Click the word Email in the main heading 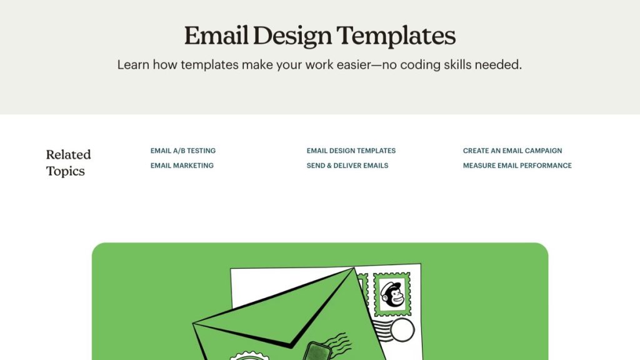pos(216,35)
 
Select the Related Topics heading pos(68,162)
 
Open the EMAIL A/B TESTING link pos(183,151)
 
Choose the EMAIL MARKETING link pos(182,165)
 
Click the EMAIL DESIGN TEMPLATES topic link pos(351,151)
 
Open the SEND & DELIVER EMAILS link pos(347,165)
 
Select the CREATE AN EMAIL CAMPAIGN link pos(512,151)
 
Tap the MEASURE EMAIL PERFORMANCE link pos(517,165)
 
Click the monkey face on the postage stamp pos(392,294)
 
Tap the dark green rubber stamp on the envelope pos(317,352)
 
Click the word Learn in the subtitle pos(133,65)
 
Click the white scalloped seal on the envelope pos(250,356)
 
